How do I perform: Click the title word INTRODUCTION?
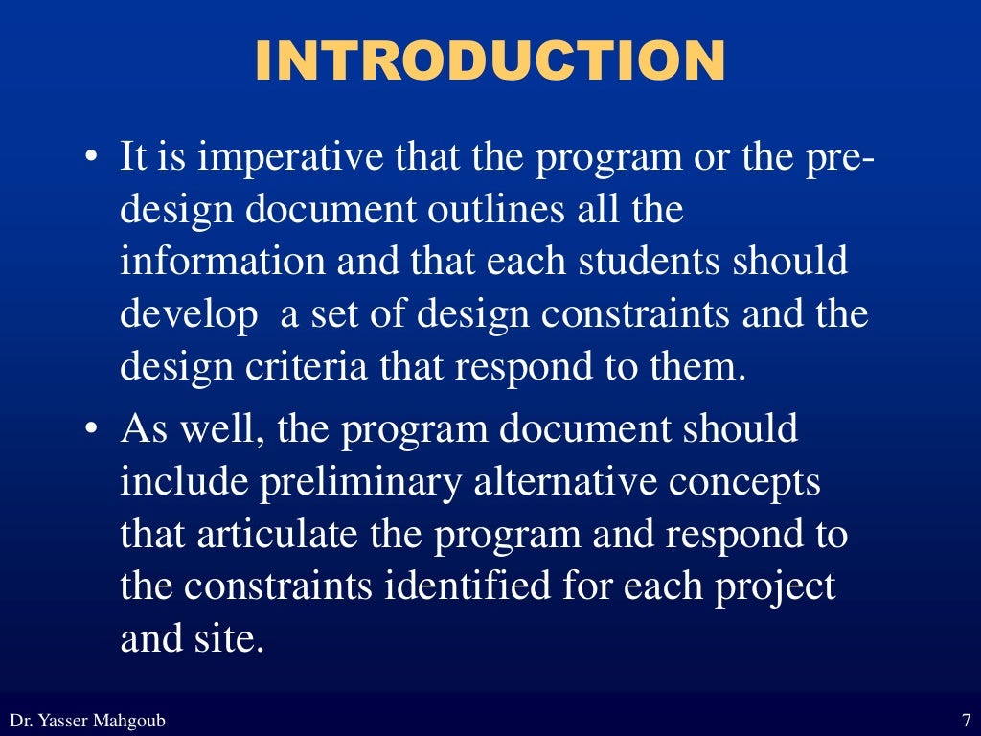(490, 62)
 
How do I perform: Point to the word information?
(221, 263)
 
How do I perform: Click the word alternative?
(564, 482)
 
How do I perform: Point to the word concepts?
(744, 482)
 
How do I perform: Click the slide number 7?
(965, 720)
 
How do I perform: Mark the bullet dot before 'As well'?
(90, 431)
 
